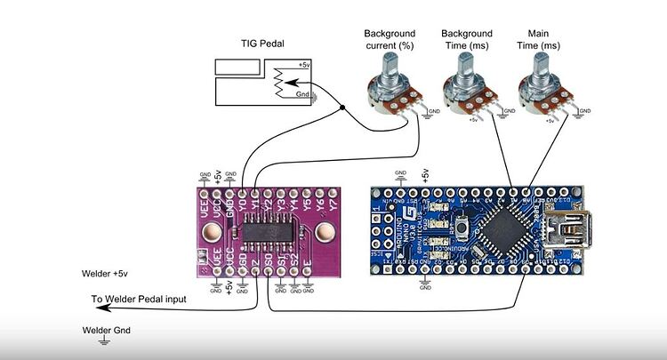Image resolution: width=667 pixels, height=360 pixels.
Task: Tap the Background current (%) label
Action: [389, 39]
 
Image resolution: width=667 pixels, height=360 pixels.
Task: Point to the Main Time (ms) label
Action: [538, 39]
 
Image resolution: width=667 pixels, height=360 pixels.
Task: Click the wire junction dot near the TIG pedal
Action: [344, 109]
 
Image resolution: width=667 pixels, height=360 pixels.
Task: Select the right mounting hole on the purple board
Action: [322, 234]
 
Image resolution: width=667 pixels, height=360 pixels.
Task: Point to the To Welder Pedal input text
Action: [139, 300]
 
